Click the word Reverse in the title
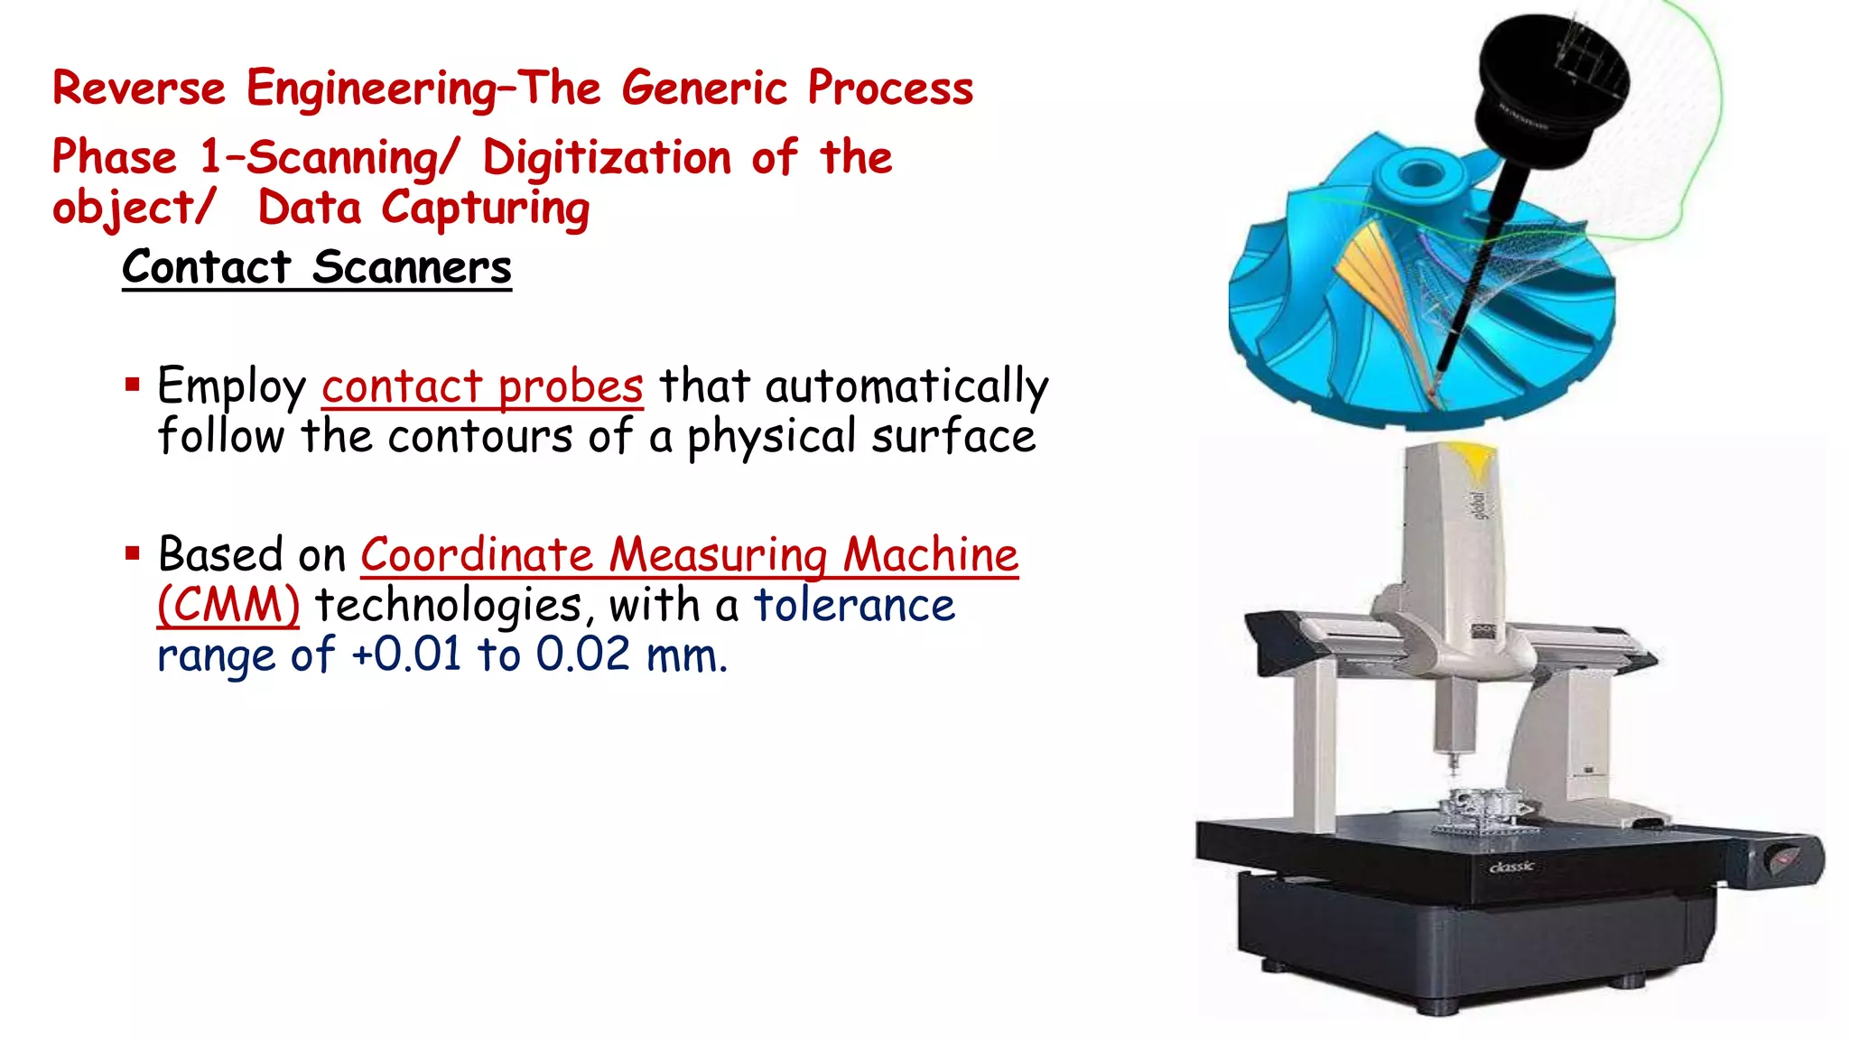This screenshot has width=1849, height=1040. [x=138, y=88]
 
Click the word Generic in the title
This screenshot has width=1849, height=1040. [x=704, y=88]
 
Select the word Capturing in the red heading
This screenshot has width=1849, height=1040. [x=486, y=209]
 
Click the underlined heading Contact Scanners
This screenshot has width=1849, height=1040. [x=317, y=268]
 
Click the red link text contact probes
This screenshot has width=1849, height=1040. [x=482, y=387]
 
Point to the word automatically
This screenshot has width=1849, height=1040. [x=906, y=387]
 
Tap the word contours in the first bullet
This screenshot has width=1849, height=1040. [x=479, y=438]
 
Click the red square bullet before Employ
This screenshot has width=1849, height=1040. [x=133, y=385]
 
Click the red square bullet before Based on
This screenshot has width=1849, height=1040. [x=133, y=552]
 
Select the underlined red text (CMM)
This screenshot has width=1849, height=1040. [x=228, y=606]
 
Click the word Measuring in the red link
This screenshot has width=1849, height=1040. [x=718, y=555]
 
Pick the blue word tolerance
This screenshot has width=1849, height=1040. [x=854, y=606]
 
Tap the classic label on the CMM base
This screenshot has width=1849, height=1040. [x=1511, y=867]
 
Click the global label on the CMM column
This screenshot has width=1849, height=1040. [x=1480, y=505]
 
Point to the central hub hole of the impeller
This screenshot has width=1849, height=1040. [x=1419, y=172]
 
